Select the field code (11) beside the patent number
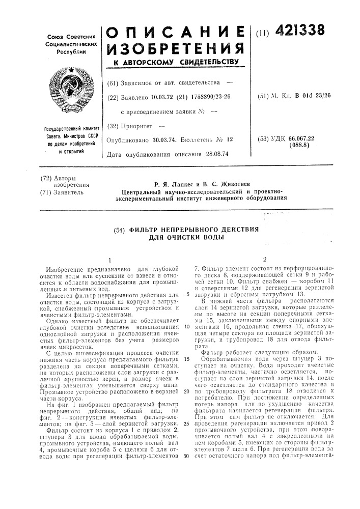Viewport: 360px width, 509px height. click(266, 34)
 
